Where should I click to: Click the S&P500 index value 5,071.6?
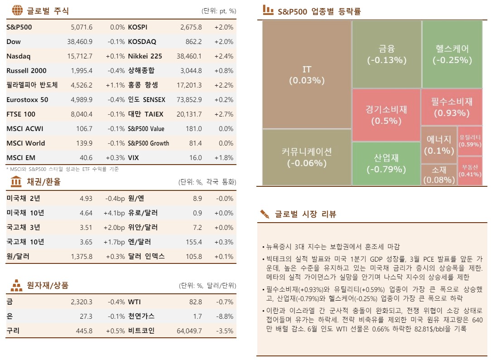coord(82,27)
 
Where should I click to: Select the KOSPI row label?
coord(138,27)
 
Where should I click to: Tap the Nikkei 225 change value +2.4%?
coord(225,56)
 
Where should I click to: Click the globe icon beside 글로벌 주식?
coord(17,10)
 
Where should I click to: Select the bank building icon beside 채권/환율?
coord(16,182)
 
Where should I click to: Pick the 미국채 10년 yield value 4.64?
coord(86,213)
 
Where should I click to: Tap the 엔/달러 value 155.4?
coord(193,242)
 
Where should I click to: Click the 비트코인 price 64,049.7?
coord(189,331)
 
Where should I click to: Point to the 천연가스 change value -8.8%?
coord(225,316)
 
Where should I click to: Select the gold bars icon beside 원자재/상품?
coord(16,286)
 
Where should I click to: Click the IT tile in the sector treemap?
coord(307,75)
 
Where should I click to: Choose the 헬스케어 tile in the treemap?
coord(452,54)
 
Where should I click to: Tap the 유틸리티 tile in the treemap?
coord(470,141)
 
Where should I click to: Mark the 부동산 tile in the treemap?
coord(470,171)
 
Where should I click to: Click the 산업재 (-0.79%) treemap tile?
coord(386,164)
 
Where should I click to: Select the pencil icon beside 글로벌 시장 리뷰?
coord(265,214)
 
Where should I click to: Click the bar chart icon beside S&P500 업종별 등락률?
coord(268,10)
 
